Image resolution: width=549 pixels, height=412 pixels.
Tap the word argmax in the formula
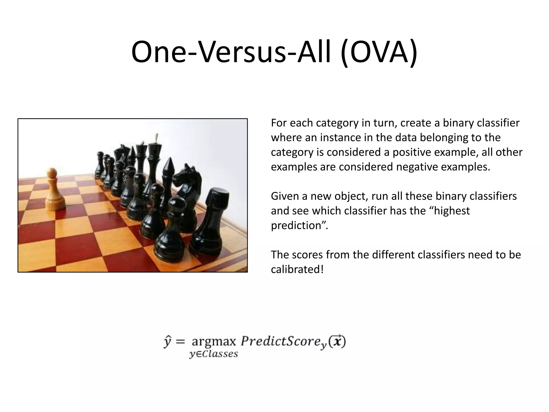[214, 341]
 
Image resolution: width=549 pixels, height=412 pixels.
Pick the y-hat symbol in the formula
[167, 341]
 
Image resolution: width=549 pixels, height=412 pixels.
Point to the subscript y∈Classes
[214, 354]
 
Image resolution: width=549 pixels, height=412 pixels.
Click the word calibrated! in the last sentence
[297, 269]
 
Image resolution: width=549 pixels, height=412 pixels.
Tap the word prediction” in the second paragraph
[299, 225]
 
